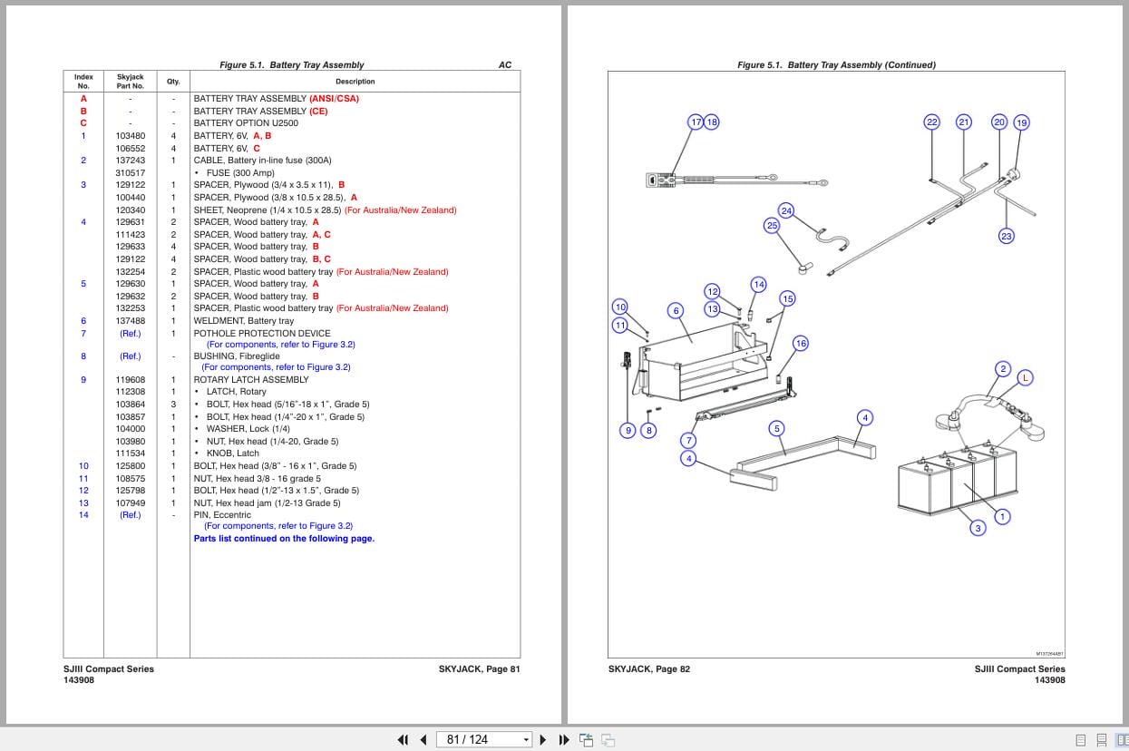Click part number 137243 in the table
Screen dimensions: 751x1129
coord(130,161)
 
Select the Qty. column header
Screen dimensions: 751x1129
coord(172,82)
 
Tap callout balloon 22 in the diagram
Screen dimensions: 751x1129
coord(931,122)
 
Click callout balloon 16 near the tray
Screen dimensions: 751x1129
coord(800,343)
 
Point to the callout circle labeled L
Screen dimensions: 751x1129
coord(1025,377)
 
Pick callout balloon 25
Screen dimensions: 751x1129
coord(772,225)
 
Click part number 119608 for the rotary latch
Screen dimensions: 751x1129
coord(130,380)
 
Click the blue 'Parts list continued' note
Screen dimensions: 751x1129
coord(284,539)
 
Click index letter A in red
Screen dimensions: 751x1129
coord(83,99)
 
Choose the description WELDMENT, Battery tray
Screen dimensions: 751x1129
coord(243,321)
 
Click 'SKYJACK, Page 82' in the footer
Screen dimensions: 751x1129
coord(649,669)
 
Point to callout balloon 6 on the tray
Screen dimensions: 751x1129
coord(676,310)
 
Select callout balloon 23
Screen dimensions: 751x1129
coord(1006,236)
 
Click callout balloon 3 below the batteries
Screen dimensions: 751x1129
coord(977,528)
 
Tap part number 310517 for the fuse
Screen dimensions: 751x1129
coord(130,173)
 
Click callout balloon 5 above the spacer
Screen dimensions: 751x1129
coord(776,428)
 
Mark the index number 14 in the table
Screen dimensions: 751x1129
coord(83,515)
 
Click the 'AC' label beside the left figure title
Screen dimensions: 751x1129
coord(505,65)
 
